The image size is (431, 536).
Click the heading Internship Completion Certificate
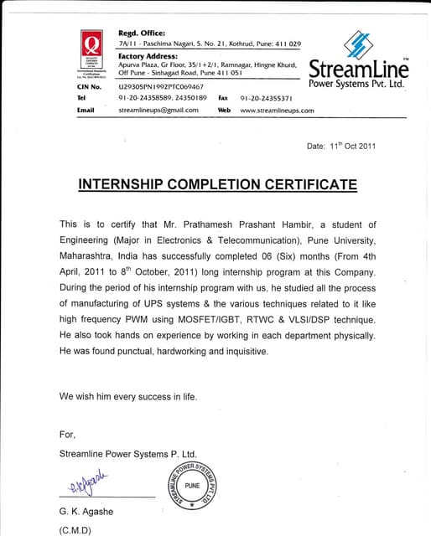[x=217, y=183]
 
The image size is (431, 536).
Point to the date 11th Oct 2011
[x=341, y=146]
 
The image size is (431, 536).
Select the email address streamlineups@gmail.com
[x=158, y=110]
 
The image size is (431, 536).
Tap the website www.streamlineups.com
[x=277, y=110]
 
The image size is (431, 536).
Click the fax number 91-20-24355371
[x=267, y=98]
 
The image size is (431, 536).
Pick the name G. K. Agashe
[x=87, y=511]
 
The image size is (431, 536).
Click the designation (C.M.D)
[x=75, y=530]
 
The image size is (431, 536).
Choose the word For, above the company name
[x=67, y=434]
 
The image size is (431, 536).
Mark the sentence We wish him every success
[x=128, y=395]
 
